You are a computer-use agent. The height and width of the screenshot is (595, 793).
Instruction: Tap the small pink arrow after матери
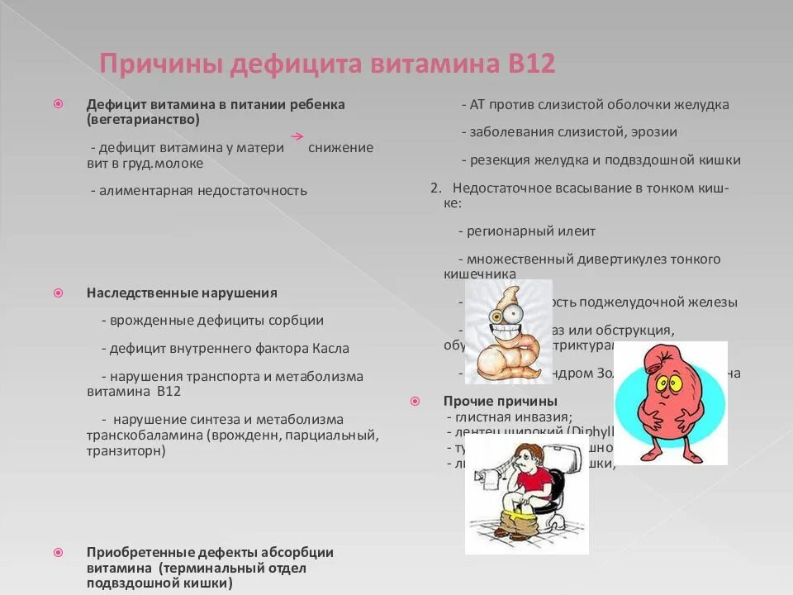click(x=297, y=136)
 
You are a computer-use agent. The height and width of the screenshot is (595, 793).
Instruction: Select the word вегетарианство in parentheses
click(x=143, y=120)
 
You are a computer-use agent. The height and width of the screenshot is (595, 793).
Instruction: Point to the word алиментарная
click(x=153, y=191)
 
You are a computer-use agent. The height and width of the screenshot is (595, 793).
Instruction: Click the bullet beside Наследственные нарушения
click(x=59, y=293)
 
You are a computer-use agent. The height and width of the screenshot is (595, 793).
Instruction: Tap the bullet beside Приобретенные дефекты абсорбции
click(x=59, y=552)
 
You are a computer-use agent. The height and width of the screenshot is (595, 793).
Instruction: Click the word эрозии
click(x=656, y=132)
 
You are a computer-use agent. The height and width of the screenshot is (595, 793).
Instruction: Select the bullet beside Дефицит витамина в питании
click(x=59, y=105)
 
